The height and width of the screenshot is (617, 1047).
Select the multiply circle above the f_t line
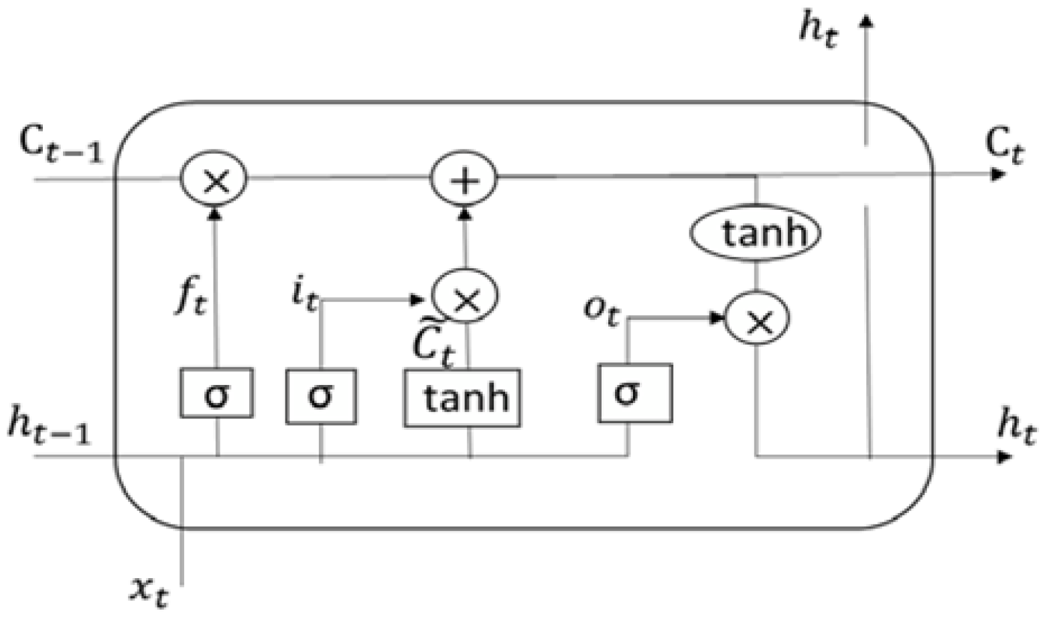click(214, 179)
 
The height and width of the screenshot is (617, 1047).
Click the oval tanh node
click(756, 233)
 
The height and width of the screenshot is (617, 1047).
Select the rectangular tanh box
click(462, 397)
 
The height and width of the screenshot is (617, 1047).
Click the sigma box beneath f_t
click(216, 393)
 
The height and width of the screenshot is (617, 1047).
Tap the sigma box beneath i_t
click(321, 396)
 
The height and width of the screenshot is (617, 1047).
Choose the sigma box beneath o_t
click(634, 393)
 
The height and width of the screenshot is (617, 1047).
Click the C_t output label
click(1003, 145)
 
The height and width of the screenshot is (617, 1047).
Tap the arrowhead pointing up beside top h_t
click(867, 21)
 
